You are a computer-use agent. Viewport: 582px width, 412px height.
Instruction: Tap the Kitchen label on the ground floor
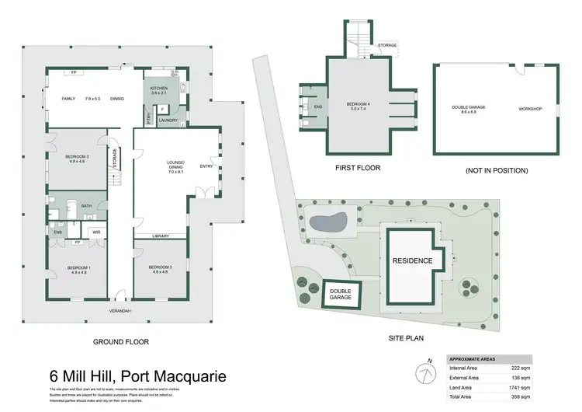point(160,89)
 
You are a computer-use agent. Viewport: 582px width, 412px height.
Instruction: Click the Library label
point(161,236)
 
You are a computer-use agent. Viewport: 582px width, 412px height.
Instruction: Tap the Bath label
point(87,206)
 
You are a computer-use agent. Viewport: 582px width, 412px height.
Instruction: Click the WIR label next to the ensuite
point(96,232)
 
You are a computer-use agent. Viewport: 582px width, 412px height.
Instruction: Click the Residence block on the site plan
point(411,260)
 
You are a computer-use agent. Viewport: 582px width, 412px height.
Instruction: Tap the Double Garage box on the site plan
point(340,293)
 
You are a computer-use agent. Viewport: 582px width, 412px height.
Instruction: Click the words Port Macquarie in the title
point(177,376)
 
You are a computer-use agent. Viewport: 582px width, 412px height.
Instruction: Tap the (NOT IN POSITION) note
point(496,169)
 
